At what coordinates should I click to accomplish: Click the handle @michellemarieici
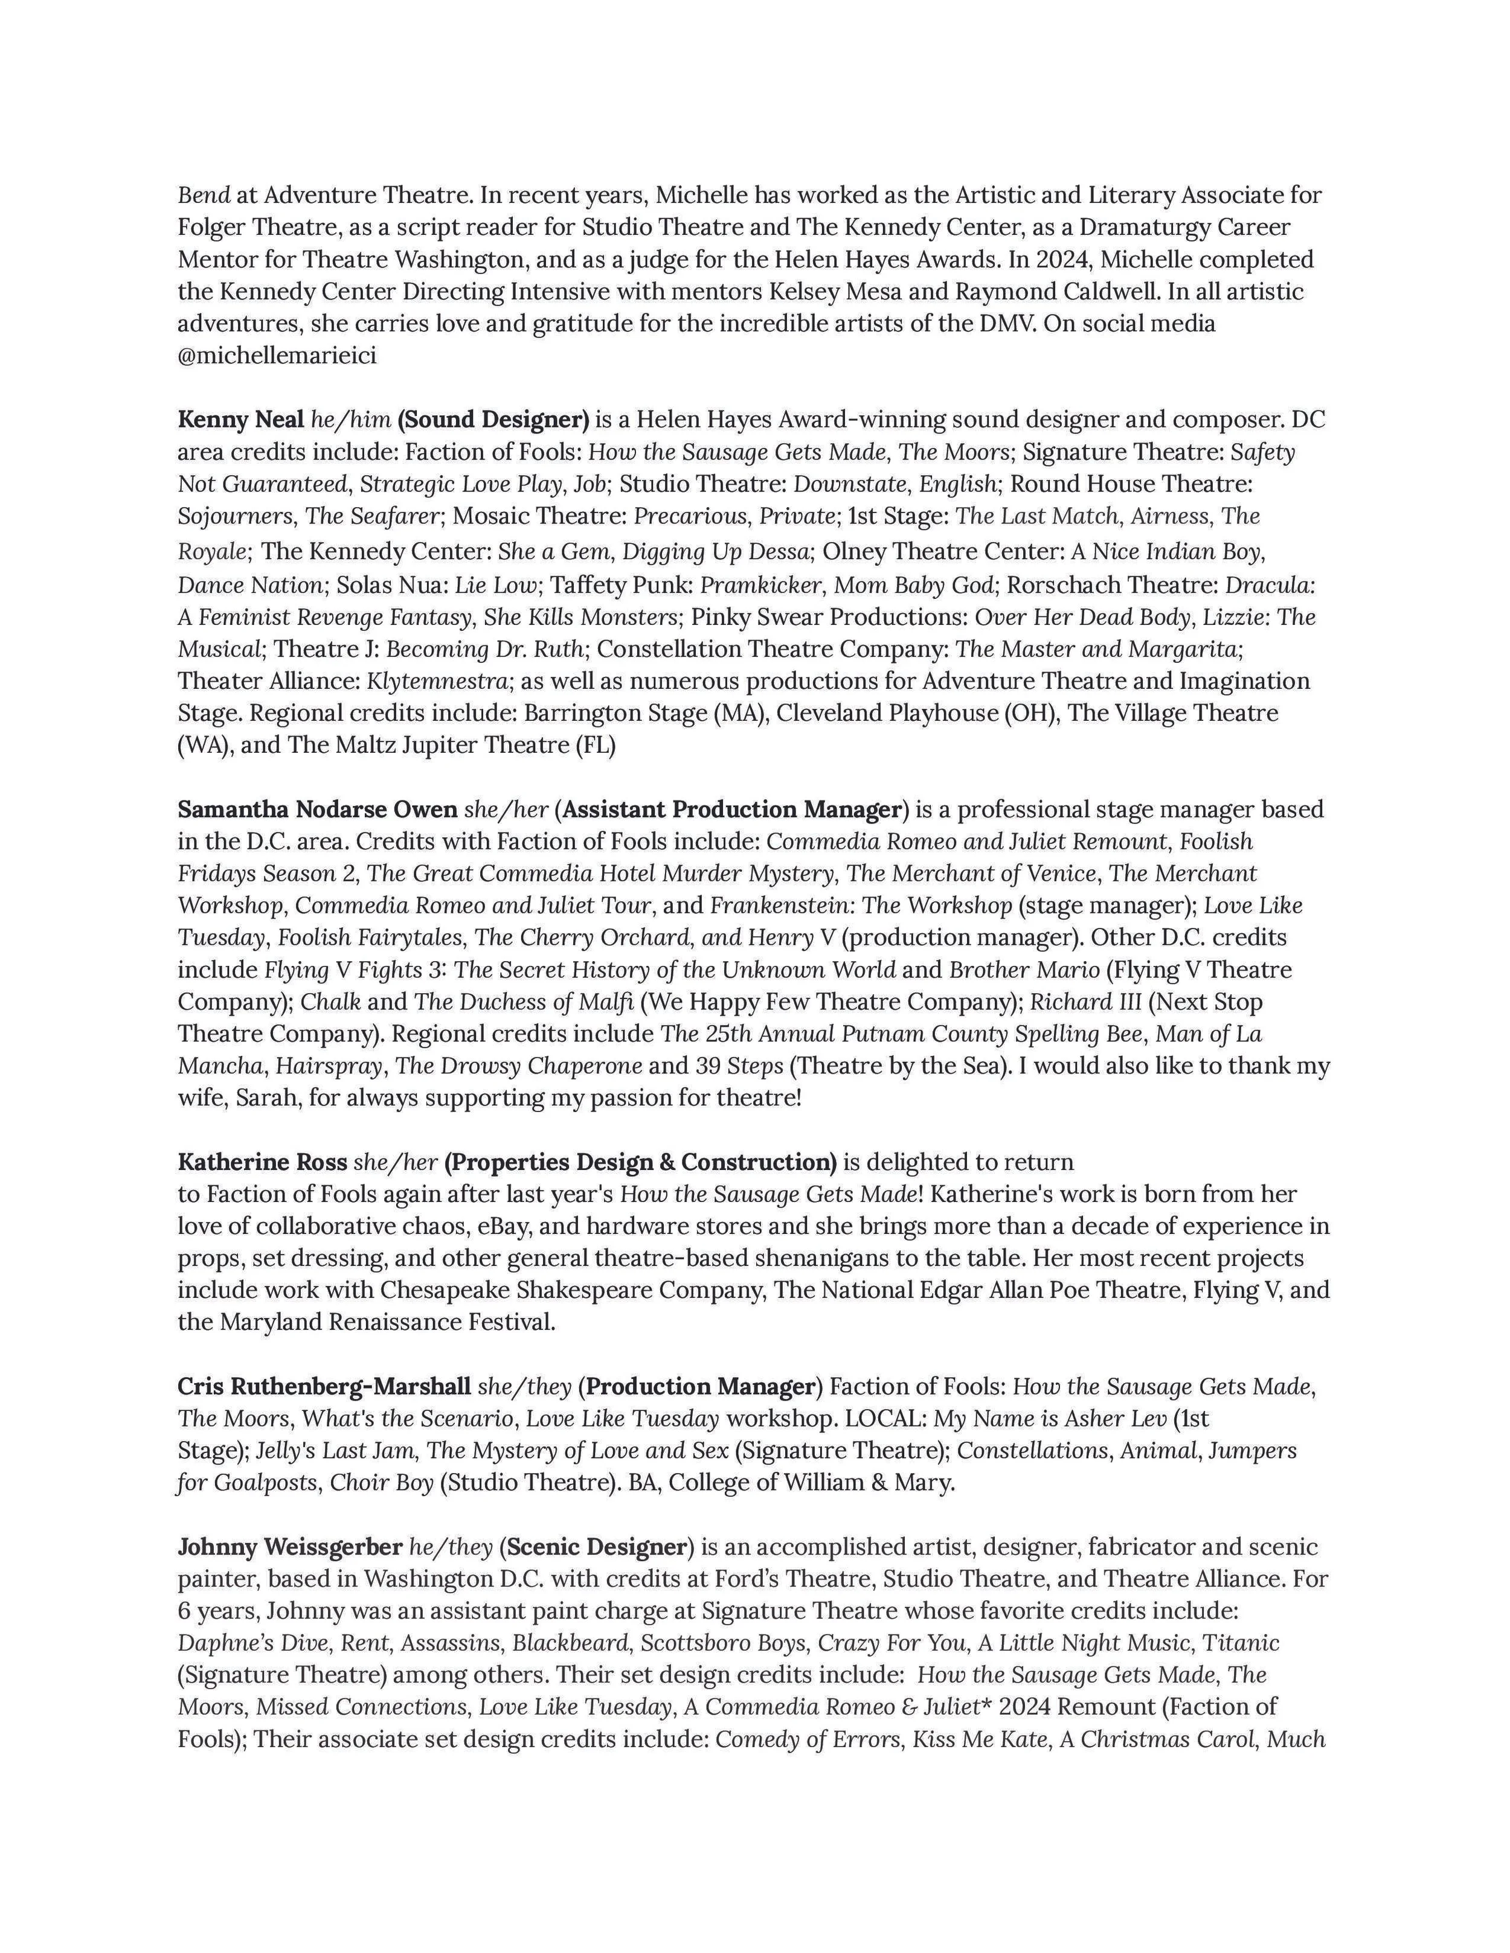click(x=277, y=356)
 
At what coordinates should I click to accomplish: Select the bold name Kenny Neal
click(x=240, y=420)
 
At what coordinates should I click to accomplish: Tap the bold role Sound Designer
click(x=494, y=420)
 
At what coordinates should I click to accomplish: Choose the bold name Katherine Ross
click(x=262, y=1163)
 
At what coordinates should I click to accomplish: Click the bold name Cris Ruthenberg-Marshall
click(x=324, y=1387)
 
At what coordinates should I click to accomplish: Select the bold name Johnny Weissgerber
click(x=290, y=1547)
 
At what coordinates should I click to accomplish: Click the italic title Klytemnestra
click(x=437, y=682)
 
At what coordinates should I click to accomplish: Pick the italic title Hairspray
click(x=331, y=1067)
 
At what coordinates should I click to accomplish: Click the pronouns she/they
click(x=524, y=1387)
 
